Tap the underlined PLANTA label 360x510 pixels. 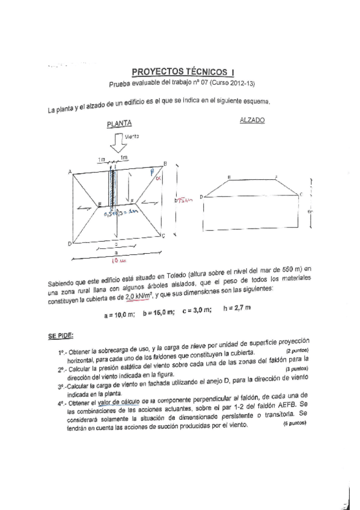[119, 125]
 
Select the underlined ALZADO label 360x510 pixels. [252, 120]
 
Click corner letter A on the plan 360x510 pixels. [70, 173]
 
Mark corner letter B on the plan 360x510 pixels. [165, 164]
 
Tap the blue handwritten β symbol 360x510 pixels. [153, 173]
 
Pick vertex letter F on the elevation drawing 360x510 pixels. [276, 177]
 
